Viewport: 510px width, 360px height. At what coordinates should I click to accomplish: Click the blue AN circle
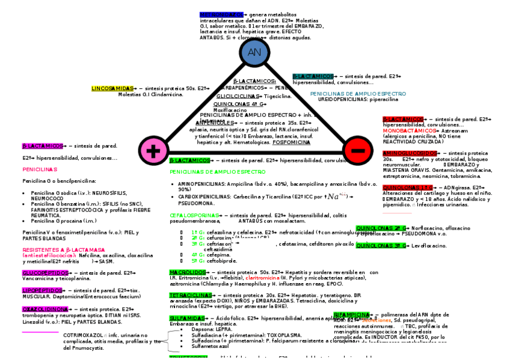pyautogui.click(x=254, y=52)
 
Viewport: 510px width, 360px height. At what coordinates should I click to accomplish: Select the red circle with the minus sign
pyautogui.click(x=357, y=150)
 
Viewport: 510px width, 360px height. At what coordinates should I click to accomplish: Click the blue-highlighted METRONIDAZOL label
pyautogui.click(x=221, y=14)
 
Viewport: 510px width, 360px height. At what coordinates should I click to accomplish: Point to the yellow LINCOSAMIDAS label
pyautogui.click(x=112, y=88)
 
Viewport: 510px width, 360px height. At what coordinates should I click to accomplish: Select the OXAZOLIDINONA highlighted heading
pyautogui.click(x=45, y=309)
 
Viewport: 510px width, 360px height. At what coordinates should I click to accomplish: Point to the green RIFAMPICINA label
pyautogui.click(x=352, y=315)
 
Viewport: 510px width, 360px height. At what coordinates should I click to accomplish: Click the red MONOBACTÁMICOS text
pyautogui.click(x=409, y=130)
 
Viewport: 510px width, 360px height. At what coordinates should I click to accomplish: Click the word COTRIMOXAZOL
pyautogui.click(x=83, y=335)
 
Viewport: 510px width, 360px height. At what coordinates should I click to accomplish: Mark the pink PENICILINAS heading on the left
pyautogui.click(x=40, y=169)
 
